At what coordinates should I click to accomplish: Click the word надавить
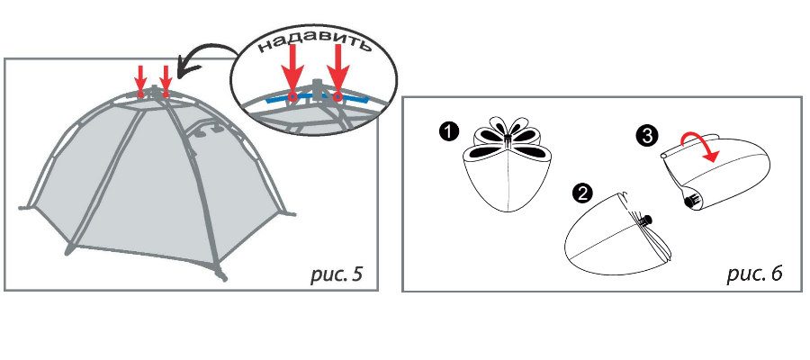315,45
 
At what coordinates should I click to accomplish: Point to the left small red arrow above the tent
140,81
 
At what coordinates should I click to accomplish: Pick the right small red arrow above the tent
166,81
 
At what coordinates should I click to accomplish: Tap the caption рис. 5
337,274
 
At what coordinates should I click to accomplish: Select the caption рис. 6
755,274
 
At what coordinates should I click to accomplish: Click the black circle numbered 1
450,132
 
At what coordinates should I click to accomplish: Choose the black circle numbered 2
582,193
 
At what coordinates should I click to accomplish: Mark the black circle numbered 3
647,137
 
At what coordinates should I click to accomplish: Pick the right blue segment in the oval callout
351,98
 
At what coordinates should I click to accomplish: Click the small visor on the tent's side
207,127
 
